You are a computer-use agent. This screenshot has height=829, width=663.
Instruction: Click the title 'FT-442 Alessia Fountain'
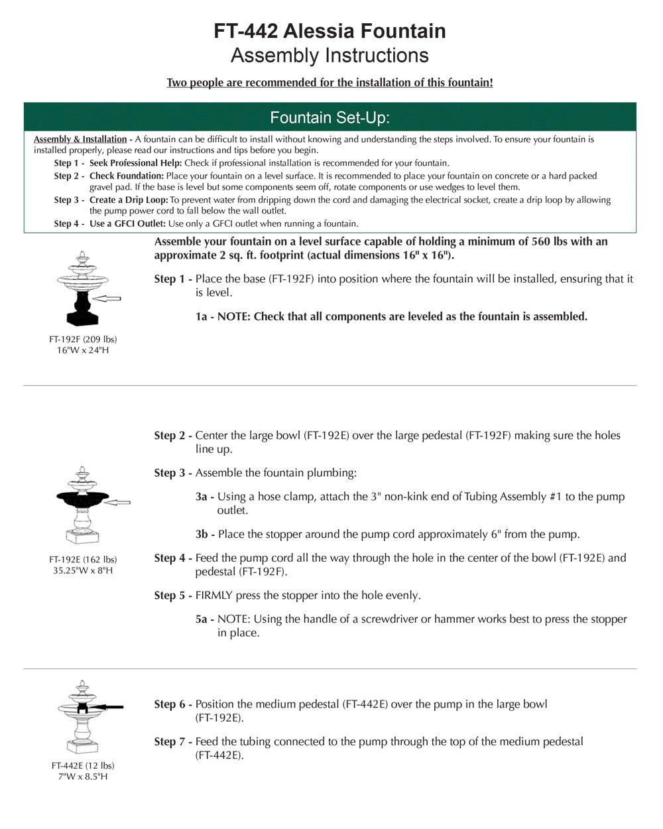(x=330, y=31)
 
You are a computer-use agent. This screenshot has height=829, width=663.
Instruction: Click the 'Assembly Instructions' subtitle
(x=330, y=56)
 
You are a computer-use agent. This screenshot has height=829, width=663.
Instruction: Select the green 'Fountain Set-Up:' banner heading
(x=330, y=118)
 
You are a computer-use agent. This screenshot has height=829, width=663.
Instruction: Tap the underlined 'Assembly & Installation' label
(x=80, y=139)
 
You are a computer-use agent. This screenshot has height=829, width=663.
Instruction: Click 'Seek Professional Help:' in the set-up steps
(x=135, y=163)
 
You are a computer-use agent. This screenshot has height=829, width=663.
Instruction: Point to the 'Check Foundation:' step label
(x=126, y=176)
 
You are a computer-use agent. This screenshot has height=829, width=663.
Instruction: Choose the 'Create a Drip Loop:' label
(x=129, y=200)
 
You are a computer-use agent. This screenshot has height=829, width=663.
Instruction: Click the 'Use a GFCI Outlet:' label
(x=127, y=223)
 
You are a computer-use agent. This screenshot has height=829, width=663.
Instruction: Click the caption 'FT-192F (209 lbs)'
(x=83, y=340)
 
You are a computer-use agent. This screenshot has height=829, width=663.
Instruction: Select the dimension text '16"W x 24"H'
(x=83, y=350)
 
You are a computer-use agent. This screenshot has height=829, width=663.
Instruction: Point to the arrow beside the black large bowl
(x=118, y=502)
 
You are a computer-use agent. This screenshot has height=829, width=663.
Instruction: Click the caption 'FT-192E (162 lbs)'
(x=83, y=560)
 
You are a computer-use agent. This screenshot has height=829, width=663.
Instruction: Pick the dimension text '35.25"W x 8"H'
(x=83, y=570)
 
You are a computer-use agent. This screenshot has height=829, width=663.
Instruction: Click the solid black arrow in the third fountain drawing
(x=109, y=708)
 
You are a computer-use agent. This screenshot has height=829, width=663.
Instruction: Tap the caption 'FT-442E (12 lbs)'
(x=83, y=766)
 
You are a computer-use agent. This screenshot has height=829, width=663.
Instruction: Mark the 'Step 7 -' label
(x=173, y=741)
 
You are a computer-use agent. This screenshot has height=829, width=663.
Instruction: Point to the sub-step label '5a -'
(x=204, y=619)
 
